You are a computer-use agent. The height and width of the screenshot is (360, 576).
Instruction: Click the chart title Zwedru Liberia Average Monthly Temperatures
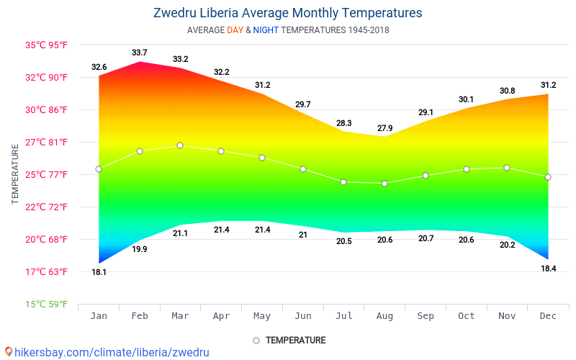pyautogui.click(x=287, y=13)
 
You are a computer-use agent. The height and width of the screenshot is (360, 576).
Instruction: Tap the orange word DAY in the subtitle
pyautogui.click(x=235, y=30)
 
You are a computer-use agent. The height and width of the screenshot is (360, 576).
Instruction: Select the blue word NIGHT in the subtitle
pyautogui.click(x=266, y=30)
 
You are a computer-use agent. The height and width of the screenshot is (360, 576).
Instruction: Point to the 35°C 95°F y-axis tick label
pyautogui.click(x=47, y=45)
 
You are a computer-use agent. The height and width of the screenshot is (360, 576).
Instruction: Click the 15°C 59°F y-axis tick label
pyautogui.click(x=47, y=304)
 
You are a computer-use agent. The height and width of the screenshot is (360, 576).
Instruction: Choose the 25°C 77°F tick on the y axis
pyautogui.click(x=47, y=174)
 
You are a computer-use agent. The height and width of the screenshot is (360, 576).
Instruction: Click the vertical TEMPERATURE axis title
pyautogui.click(x=15, y=174)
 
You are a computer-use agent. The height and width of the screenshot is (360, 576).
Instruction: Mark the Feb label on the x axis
pyautogui.click(x=140, y=316)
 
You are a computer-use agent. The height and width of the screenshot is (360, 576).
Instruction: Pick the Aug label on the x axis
pyautogui.click(x=384, y=316)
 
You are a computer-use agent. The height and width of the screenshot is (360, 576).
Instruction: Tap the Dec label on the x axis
pyautogui.click(x=548, y=316)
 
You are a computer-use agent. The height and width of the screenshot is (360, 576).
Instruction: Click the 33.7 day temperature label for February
pyautogui.click(x=140, y=53)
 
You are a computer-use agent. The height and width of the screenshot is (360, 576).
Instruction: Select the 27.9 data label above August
pyautogui.click(x=384, y=128)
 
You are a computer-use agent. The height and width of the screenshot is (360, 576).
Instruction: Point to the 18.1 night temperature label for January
pyautogui.click(x=99, y=272)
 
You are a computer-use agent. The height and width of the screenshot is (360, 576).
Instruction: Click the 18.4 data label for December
pyautogui.click(x=548, y=268)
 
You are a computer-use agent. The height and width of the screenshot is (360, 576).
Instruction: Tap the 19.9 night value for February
pyautogui.click(x=140, y=249)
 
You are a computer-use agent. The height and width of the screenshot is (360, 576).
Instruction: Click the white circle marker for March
pyautogui.click(x=180, y=145)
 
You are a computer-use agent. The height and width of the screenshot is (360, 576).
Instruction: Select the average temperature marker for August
pyautogui.click(x=384, y=184)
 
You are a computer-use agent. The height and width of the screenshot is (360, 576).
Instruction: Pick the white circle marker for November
pyautogui.click(x=507, y=168)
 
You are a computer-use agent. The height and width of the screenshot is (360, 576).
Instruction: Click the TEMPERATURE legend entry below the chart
pyautogui.click(x=289, y=340)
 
